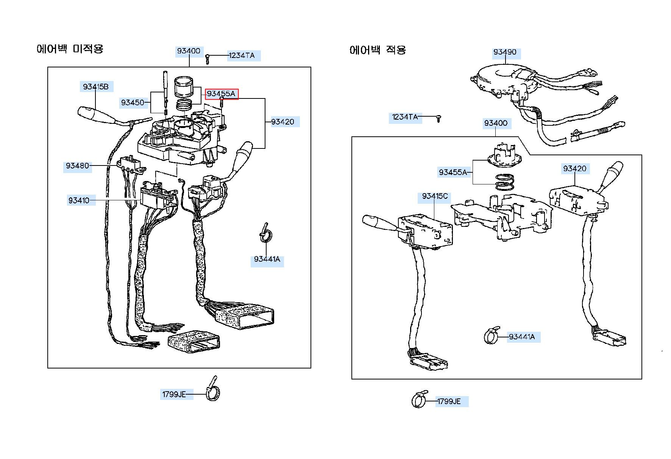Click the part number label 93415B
click(x=96, y=87)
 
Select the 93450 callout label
click(x=133, y=102)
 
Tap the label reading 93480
click(x=77, y=165)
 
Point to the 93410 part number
click(x=79, y=200)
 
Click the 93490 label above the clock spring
click(x=505, y=52)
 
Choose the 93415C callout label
click(x=435, y=196)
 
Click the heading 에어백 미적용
click(x=70, y=49)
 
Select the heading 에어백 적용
click(x=378, y=50)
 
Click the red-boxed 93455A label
click(x=222, y=94)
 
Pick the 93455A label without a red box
click(x=453, y=172)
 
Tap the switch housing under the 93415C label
click(x=425, y=232)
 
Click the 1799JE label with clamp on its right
click(x=174, y=394)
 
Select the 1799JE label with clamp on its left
click(x=449, y=401)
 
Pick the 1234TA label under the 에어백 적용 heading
click(x=405, y=117)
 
